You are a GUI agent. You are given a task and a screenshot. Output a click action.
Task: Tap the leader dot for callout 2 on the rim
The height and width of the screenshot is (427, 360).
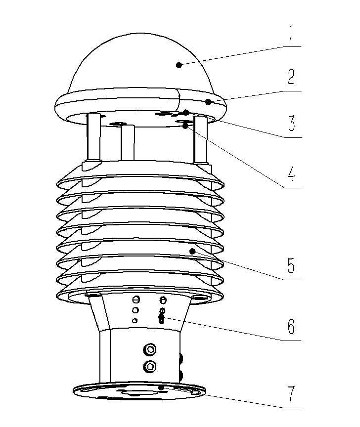tap(209, 102)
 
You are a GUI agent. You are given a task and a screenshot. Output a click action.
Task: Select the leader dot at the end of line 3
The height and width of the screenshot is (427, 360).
tap(186, 112)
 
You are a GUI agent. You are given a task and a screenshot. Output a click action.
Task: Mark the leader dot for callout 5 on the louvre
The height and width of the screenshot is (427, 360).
tap(192, 252)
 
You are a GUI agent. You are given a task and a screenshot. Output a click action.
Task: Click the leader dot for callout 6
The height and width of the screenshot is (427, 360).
tap(161, 317)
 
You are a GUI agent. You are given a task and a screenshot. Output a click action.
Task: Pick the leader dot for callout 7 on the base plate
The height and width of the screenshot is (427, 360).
tap(161, 388)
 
